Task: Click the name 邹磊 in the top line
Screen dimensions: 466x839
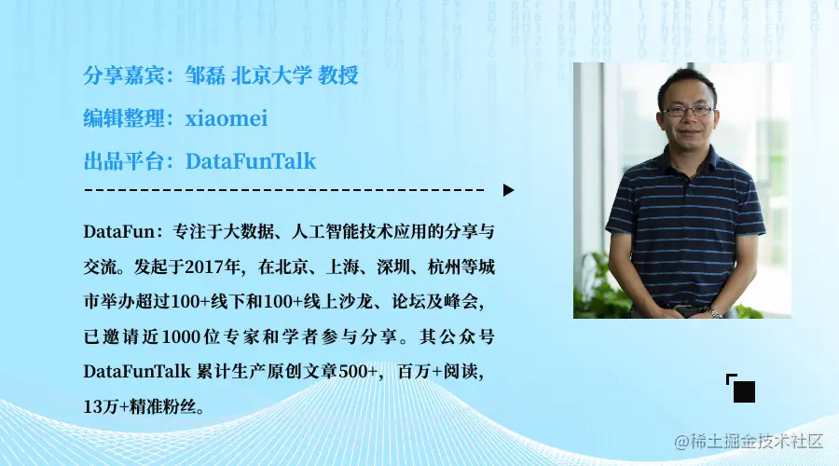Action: pos(206,75)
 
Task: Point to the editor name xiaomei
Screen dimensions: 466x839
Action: pos(227,118)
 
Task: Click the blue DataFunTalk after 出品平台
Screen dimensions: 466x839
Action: pos(251,161)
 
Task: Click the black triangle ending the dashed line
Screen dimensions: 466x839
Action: pos(508,190)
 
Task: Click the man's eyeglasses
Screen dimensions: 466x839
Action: pos(688,110)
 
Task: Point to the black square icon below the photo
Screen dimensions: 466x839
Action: pos(743,391)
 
